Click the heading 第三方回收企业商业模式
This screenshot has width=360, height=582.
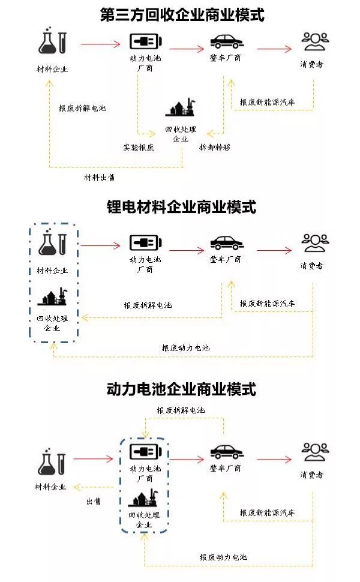[182, 14]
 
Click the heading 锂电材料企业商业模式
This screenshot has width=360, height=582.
[181, 207]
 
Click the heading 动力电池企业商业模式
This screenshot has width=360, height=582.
[181, 389]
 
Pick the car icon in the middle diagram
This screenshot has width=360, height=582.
[226, 243]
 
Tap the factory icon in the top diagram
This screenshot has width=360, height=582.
[181, 108]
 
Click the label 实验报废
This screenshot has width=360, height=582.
[139, 147]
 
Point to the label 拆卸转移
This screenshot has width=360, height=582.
[214, 147]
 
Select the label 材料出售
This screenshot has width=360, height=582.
[100, 178]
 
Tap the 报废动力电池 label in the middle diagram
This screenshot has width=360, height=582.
[185, 348]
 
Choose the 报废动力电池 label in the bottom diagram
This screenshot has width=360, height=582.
[223, 557]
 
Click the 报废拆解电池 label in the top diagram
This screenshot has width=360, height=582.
[82, 108]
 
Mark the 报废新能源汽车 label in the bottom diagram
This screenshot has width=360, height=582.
[268, 513]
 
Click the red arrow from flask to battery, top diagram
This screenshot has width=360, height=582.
[100, 44]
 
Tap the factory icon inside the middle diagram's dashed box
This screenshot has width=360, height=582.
[52, 298]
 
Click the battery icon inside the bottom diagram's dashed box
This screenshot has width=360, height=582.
[145, 451]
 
